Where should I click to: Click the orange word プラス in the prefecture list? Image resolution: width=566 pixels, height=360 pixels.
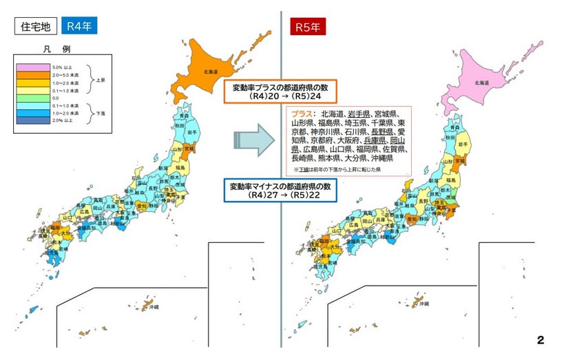point(302,114)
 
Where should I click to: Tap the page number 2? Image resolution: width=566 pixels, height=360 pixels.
point(541,339)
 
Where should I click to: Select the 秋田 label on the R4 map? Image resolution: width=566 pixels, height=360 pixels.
point(179,126)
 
